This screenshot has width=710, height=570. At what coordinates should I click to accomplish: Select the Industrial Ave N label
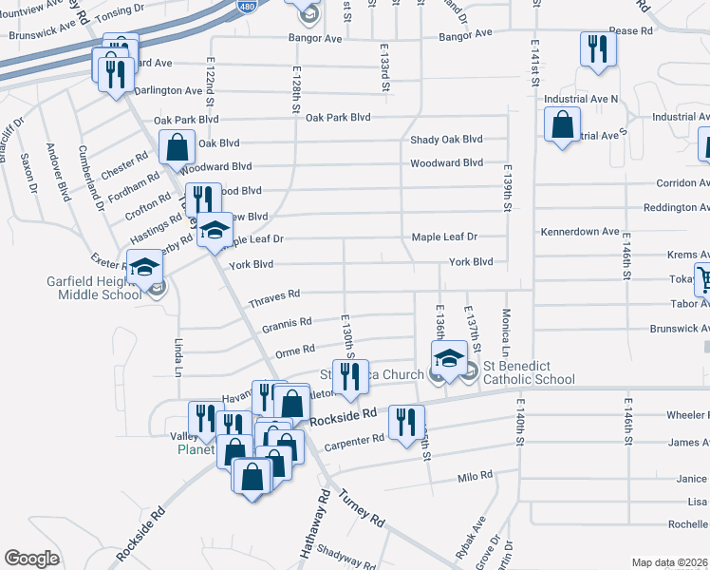click(x=581, y=99)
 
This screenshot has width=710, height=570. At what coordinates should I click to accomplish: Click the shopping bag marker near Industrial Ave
click(x=563, y=123)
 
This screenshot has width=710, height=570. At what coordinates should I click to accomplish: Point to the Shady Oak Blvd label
click(x=446, y=140)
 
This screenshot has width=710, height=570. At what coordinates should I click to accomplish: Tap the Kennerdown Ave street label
click(x=580, y=231)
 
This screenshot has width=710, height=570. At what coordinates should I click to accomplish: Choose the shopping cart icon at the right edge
click(x=704, y=279)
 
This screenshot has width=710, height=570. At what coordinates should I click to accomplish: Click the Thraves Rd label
click(x=274, y=299)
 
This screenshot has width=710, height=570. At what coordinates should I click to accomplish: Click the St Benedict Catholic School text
click(x=529, y=372)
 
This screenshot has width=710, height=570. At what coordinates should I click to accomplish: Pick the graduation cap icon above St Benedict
click(x=448, y=357)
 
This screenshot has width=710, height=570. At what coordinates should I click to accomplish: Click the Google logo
click(x=31, y=558)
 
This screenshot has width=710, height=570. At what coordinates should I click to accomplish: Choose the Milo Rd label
click(x=471, y=478)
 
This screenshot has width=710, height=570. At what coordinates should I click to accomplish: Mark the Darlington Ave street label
click(x=168, y=91)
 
